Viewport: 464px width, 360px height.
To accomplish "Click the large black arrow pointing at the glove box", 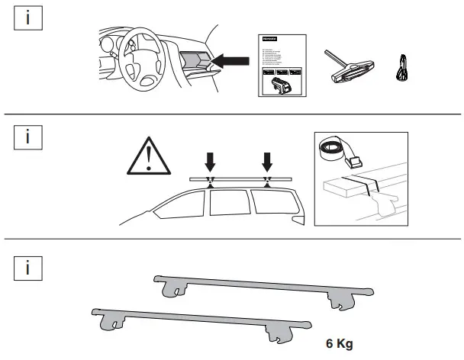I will [231, 58].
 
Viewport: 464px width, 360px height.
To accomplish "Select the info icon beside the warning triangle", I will [28, 138].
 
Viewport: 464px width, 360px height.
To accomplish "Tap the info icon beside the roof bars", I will [28, 268].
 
